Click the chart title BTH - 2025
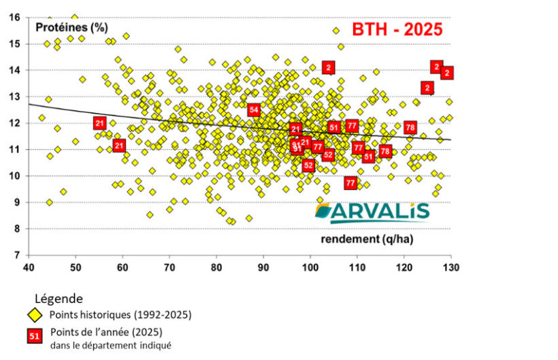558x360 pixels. click(397, 29)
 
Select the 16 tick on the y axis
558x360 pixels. click(16, 18)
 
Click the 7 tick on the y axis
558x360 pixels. click(18, 255)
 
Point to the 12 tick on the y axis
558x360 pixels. click(16, 123)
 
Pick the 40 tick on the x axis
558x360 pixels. click(29, 266)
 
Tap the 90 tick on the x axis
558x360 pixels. click(263, 266)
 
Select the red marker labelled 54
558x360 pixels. click(254, 110)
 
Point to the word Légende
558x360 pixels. click(59, 298)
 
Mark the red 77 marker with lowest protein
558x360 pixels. click(350, 183)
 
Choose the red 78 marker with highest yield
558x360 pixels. click(410, 127)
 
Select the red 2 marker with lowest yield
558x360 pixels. click(329, 67)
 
